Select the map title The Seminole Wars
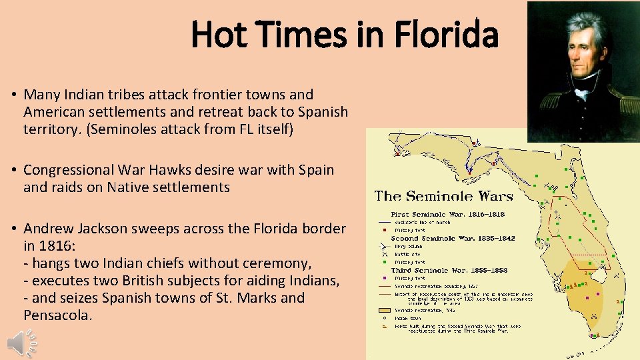point(443,196)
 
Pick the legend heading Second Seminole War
point(424,238)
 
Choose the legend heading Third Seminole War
point(421,270)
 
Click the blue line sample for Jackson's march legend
point(383,222)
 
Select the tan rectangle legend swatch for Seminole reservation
point(383,310)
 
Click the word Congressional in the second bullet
point(75,170)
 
